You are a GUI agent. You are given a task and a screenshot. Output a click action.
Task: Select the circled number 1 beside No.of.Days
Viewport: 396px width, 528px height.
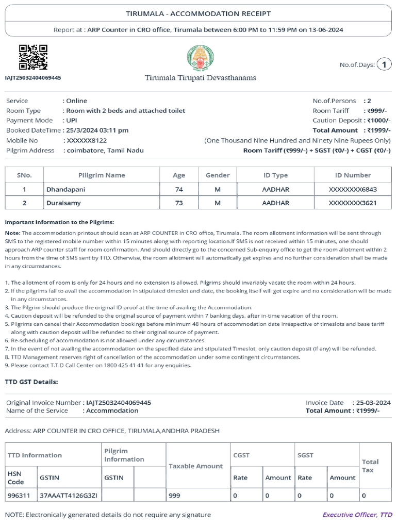click(384, 64)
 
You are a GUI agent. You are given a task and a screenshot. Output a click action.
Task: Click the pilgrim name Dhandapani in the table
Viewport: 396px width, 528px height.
click(66, 190)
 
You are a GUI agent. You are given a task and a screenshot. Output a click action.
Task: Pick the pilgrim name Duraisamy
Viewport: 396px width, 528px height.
click(63, 203)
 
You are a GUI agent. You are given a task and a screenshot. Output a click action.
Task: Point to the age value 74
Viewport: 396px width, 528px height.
click(179, 190)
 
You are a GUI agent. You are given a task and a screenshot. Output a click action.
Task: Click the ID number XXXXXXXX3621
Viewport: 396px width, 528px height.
click(353, 203)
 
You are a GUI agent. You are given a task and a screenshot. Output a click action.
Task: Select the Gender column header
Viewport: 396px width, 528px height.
click(218, 175)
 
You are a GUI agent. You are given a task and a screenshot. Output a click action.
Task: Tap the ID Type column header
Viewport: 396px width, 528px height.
click(275, 175)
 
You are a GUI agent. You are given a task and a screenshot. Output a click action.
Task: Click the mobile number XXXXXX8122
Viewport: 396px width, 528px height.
click(85, 140)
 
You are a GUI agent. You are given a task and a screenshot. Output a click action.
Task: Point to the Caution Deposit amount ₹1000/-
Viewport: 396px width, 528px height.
click(378, 121)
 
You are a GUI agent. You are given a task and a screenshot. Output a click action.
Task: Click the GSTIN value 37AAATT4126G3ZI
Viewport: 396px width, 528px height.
click(68, 496)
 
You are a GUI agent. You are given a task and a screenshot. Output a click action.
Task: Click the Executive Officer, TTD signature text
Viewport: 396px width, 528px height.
click(357, 515)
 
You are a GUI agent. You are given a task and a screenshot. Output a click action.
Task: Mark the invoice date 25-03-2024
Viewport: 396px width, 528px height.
click(371, 403)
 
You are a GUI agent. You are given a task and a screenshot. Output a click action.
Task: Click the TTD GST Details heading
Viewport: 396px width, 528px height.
click(31, 382)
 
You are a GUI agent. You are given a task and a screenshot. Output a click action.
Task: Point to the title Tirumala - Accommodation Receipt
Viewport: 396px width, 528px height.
click(198, 13)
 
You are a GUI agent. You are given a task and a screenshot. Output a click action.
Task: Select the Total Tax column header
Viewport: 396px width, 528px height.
click(370, 466)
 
